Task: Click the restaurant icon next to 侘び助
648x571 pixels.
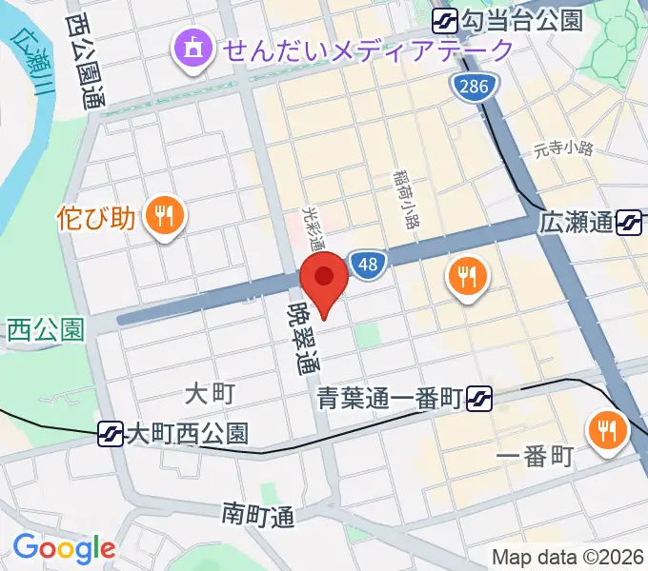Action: pyautogui.click(x=164, y=217)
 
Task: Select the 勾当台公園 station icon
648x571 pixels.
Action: pyautogui.click(x=445, y=20)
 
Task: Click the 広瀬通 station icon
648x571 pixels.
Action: pyautogui.click(x=629, y=224)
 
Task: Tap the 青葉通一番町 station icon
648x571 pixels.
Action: pyautogui.click(x=480, y=394)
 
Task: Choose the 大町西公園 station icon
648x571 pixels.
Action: pyautogui.click(x=111, y=434)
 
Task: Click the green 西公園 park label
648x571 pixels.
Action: pyautogui.click(x=46, y=330)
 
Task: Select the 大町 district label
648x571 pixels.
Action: pyautogui.click(x=209, y=392)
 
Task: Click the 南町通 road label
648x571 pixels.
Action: pyautogui.click(x=258, y=515)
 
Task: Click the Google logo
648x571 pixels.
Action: pyautogui.click(x=63, y=548)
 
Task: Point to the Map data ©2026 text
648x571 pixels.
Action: pyautogui.click(x=568, y=557)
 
